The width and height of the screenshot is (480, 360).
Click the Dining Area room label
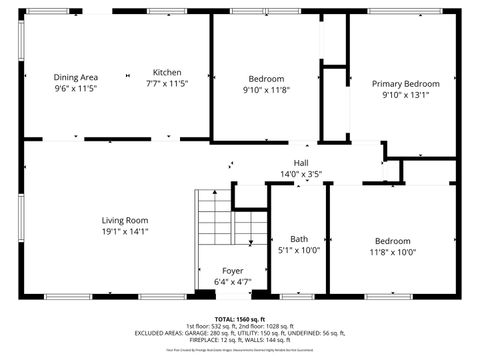(x=76, y=77)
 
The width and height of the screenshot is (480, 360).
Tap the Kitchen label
(x=167, y=72)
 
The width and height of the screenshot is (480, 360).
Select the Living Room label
(x=124, y=220)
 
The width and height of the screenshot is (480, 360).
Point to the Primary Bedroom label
(x=405, y=84)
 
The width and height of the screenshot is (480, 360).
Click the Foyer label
(x=232, y=270)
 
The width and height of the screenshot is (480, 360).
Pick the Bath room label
(x=299, y=239)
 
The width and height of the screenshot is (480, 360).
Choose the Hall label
(x=301, y=163)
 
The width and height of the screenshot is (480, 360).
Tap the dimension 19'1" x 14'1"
(x=124, y=231)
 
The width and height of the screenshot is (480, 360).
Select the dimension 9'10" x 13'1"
(x=405, y=96)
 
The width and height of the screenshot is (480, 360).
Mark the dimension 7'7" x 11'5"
(x=167, y=84)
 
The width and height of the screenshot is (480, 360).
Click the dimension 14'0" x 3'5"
(x=301, y=174)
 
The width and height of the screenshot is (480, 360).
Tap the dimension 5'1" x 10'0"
(x=299, y=251)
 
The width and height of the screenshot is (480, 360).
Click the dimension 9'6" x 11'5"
(x=76, y=89)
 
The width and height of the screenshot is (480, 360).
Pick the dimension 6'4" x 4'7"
(x=232, y=282)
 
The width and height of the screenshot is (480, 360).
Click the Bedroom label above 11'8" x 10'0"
(x=393, y=241)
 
